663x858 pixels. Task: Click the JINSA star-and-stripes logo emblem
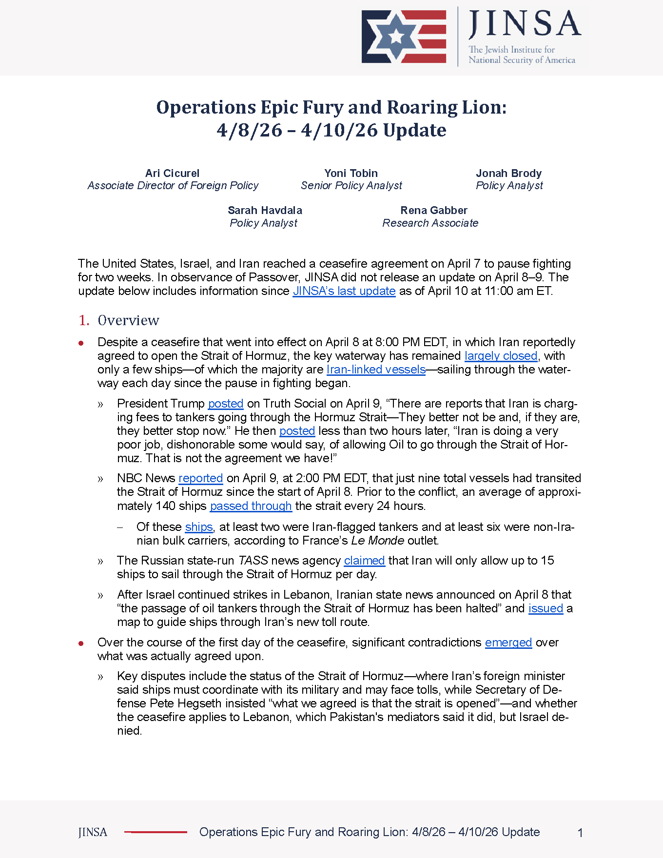tap(404, 37)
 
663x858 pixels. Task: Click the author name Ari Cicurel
tap(172, 173)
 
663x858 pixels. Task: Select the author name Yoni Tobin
tap(351, 173)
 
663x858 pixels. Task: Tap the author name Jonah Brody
tap(508, 173)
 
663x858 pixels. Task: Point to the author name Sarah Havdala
tap(265, 210)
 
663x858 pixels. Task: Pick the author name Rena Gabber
tap(433, 210)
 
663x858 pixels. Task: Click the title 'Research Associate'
tap(430, 223)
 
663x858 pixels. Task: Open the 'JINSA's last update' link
tap(344, 291)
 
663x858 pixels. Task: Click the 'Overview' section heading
tap(128, 320)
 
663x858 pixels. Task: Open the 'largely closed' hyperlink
tap(501, 356)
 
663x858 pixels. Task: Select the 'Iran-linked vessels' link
tap(376, 370)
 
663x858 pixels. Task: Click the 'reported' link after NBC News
tap(200, 478)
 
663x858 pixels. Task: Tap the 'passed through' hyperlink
tap(251, 506)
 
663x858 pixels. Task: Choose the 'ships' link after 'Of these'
tap(199, 527)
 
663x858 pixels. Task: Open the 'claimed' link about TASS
tap(364, 561)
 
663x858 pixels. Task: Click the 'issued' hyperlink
tap(546, 608)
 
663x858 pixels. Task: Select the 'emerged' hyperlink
tap(508, 643)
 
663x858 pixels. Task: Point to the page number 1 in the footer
tap(580, 833)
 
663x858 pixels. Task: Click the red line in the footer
tap(156, 832)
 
